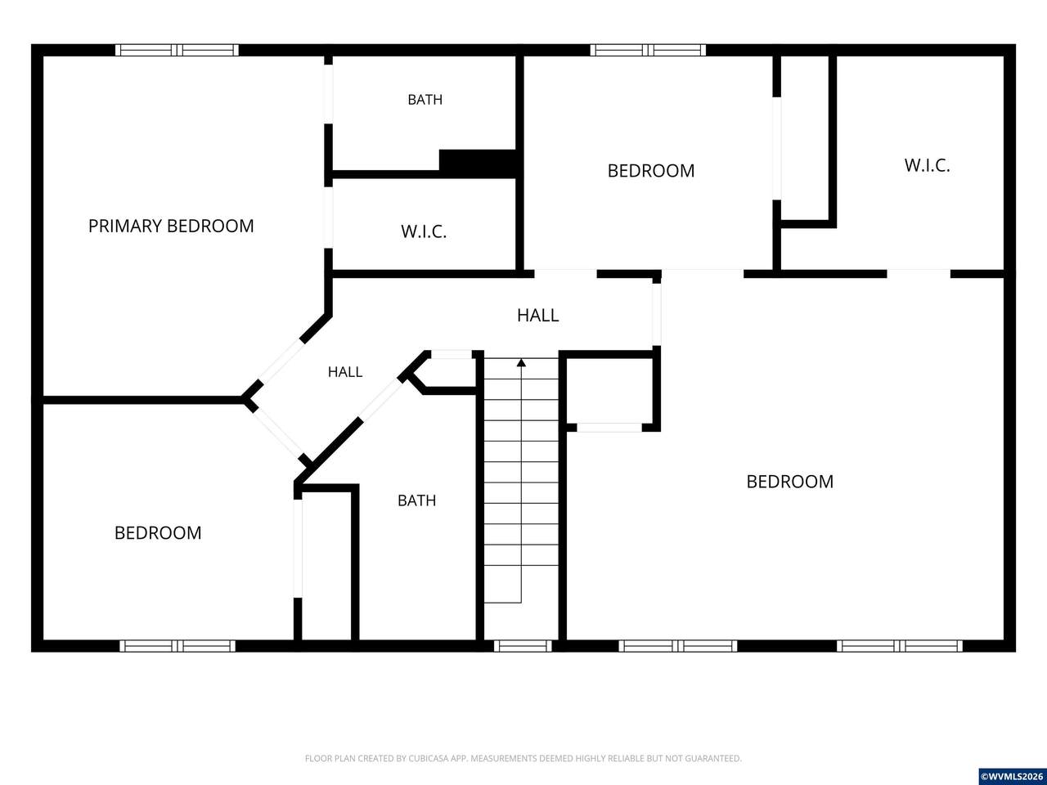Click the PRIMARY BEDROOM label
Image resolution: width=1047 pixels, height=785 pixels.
[x=171, y=226]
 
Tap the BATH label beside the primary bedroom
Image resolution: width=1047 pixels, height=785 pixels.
[x=425, y=100]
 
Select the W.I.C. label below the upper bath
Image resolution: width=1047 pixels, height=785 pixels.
[x=424, y=231]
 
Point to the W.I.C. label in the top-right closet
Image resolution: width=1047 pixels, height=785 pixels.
[x=927, y=165]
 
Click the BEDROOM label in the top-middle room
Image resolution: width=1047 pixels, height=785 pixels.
[x=650, y=171]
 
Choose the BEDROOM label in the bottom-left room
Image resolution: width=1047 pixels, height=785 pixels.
[x=158, y=533]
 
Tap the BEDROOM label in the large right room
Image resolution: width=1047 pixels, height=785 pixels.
[x=790, y=482]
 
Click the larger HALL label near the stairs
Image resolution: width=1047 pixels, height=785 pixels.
[x=537, y=316]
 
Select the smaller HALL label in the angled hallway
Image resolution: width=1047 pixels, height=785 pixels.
[x=345, y=372]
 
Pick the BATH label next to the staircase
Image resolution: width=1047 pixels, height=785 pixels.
[x=416, y=500]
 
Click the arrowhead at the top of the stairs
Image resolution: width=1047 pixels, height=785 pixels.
[x=521, y=363]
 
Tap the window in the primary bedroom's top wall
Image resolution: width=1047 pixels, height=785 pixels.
[x=177, y=50]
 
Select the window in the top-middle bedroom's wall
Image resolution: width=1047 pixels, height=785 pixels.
[x=648, y=50]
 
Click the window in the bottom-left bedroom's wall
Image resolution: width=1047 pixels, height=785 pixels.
[x=177, y=646]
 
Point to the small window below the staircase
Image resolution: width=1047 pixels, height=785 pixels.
[x=523, y=646]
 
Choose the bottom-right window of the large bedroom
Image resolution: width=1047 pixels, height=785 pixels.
[x=900, y=646]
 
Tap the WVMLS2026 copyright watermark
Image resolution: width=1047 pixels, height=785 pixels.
[x=1012, y=777]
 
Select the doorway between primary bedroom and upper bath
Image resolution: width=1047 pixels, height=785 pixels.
[x=328, y=94]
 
